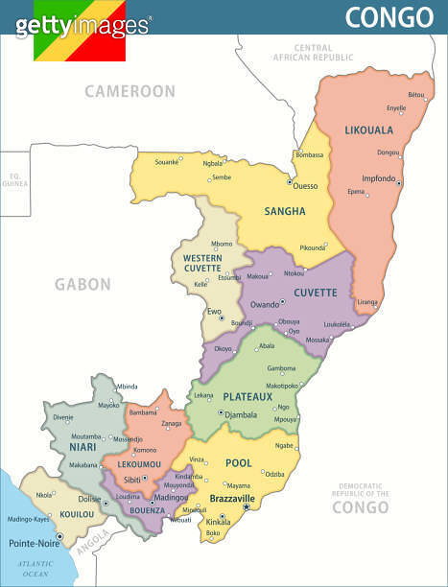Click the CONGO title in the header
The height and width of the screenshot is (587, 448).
[389, 17]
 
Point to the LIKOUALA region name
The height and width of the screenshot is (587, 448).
[369, 129]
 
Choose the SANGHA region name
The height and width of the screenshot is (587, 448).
[285, 211]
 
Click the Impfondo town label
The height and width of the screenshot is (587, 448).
[378, 178]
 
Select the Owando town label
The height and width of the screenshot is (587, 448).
[264, 304]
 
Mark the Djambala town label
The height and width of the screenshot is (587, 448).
[241, 415]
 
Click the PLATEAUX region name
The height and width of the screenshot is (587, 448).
[248, 396]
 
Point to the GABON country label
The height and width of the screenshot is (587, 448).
[83, 284]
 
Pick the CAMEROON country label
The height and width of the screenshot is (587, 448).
[130, 91]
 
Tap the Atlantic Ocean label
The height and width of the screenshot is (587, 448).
[35, 568]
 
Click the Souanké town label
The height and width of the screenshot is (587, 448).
[167, 162]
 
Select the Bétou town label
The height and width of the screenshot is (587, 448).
[415, 95]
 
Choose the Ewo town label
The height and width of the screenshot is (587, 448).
[214, 311]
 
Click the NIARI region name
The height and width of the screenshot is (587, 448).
[82, 446]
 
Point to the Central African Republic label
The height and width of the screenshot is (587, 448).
[313, 52]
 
